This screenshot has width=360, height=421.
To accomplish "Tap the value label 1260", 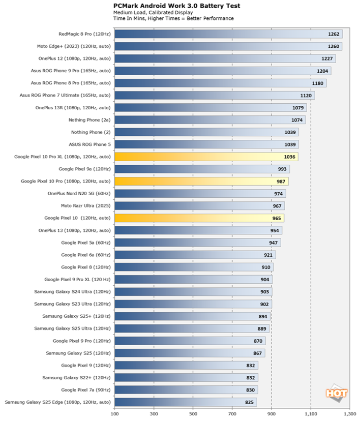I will point(334,46).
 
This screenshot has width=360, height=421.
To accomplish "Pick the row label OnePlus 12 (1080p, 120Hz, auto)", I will point(74,58).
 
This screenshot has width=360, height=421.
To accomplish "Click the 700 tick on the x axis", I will point(232,415).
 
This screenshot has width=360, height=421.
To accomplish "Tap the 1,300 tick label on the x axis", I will point(349,415).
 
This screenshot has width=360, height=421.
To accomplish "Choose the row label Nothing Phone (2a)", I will point(89,120).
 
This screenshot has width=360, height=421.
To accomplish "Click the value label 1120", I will point(306,96).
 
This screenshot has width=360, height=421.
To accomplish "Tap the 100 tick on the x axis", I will point(115,415).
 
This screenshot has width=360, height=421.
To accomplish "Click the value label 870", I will point(258,341).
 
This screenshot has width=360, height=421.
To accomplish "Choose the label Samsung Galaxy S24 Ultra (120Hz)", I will point(72,292).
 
